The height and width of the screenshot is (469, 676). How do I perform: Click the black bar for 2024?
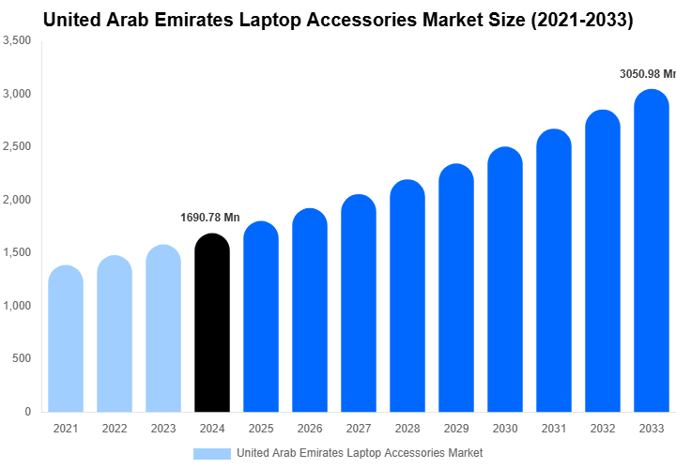pyautogui.click(x=212, y=324)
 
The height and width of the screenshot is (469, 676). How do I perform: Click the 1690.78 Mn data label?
pyautogui.click(x=210, y=218)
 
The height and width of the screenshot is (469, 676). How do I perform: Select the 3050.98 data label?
pyautogui.click(x=647, y=74)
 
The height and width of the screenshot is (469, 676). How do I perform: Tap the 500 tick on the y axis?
pyautogui.click(x=22, y=359)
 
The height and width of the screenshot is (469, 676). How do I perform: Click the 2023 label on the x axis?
pyautogui.click(x=163, y=429)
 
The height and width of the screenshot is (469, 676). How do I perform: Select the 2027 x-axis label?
pyautogui.click(x=359, y=429)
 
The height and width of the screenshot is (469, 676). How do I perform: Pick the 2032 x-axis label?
pyautogui.click(x=603, y=429)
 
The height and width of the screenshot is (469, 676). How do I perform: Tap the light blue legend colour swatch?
pyautogui.click(x=211, y=453)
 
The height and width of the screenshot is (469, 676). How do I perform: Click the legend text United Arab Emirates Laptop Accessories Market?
pyautogui.click(x=360, y=453)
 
